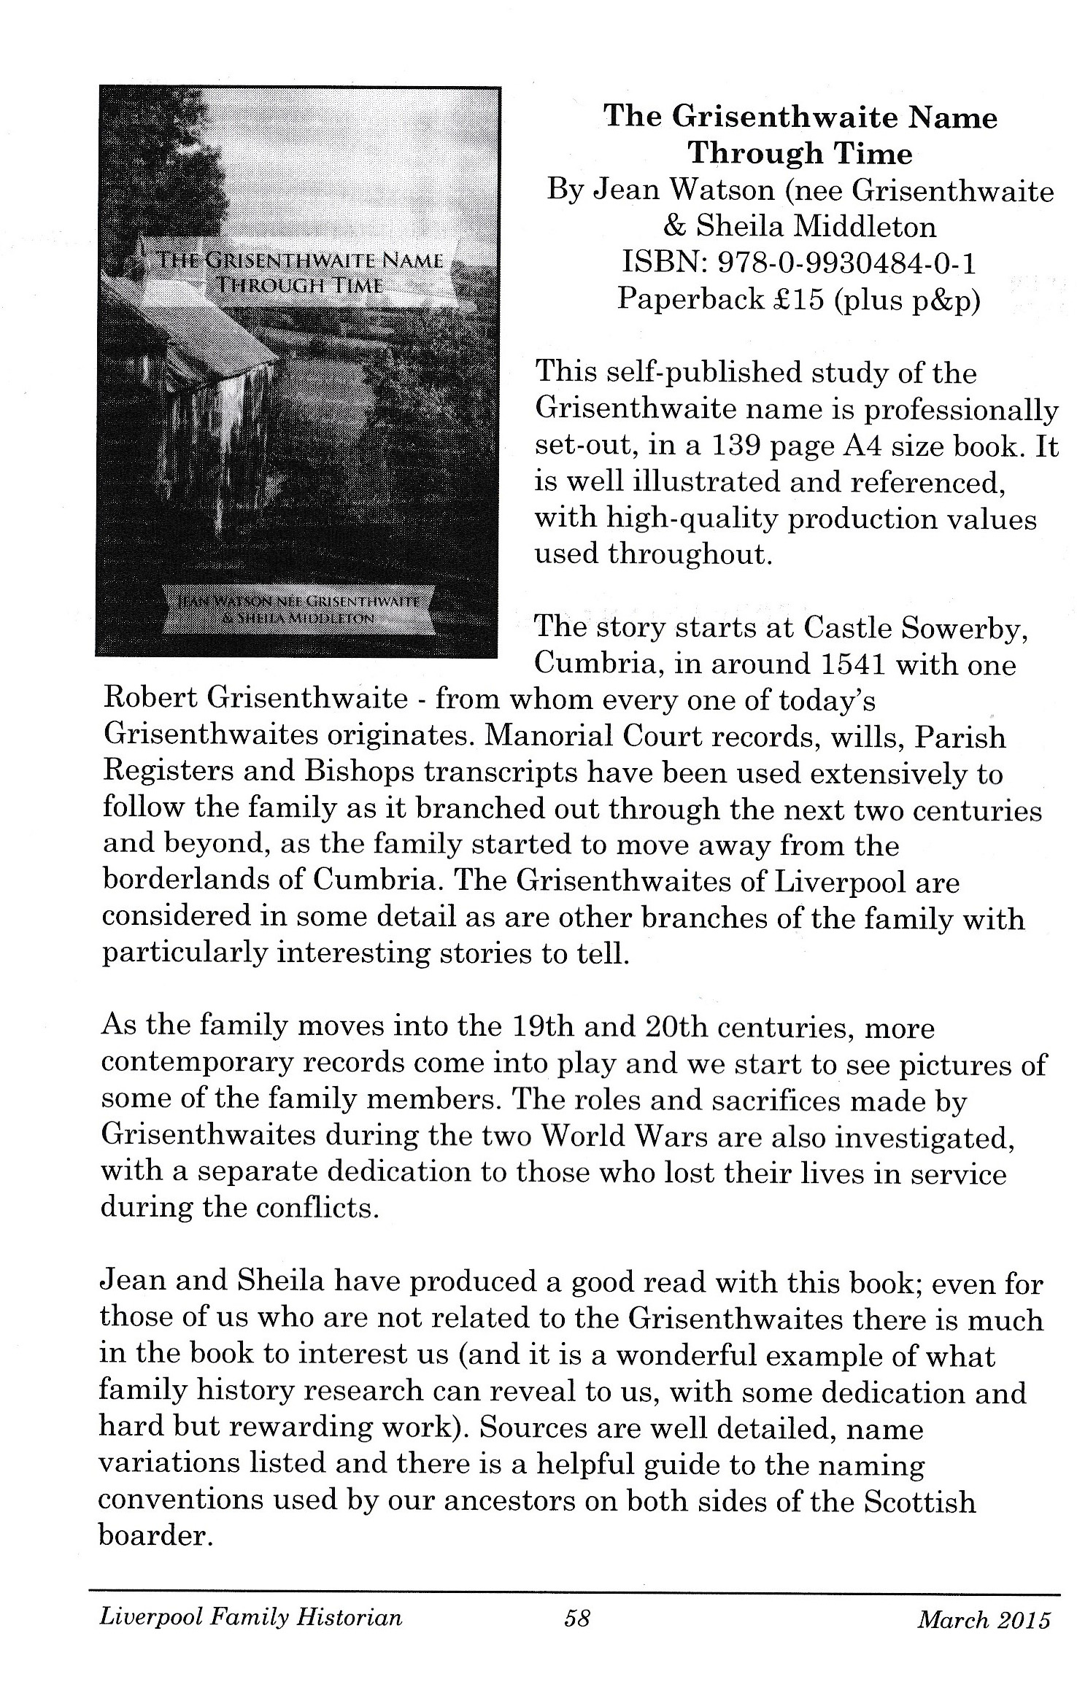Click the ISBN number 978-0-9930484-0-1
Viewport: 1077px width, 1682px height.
pos(846,263)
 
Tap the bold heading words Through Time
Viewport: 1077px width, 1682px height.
pos(800,154)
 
